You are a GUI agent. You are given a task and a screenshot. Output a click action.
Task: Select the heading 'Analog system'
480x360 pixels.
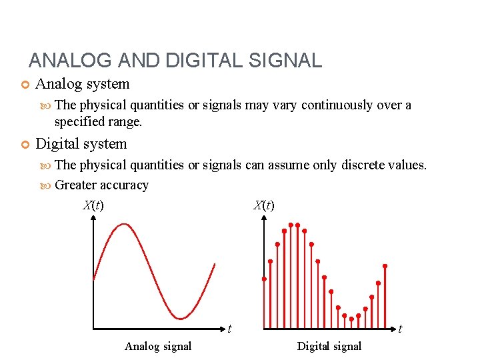pos(82,85)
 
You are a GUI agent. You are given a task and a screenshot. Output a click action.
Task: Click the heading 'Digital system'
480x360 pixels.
pos(81,144)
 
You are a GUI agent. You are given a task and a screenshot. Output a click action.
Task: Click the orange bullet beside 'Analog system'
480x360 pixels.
pos(25,85)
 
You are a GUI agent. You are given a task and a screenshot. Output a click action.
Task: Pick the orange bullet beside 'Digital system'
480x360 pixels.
pos(25,144)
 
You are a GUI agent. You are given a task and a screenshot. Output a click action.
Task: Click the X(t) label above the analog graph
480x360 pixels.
pos(93,205)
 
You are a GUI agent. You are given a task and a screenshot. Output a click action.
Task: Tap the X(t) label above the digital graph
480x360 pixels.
pos(264,205)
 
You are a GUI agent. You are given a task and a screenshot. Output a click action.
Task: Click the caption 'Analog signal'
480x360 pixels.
pos(158,346)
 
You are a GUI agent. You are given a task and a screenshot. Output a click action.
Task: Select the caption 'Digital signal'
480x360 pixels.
pos(329,346)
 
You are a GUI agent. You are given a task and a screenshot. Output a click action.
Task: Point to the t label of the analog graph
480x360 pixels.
pos(229,328)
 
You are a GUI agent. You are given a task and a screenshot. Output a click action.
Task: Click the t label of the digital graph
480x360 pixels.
pos(400,328)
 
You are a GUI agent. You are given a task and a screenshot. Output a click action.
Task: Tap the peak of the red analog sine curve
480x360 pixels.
pos(123,225)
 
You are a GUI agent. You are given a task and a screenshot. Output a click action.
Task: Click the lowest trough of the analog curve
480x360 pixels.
pos(179,318)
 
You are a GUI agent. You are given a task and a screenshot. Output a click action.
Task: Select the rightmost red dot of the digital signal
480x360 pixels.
pos(385,266)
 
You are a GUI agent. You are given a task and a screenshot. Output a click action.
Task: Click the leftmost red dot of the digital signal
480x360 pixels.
pos(264,278)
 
